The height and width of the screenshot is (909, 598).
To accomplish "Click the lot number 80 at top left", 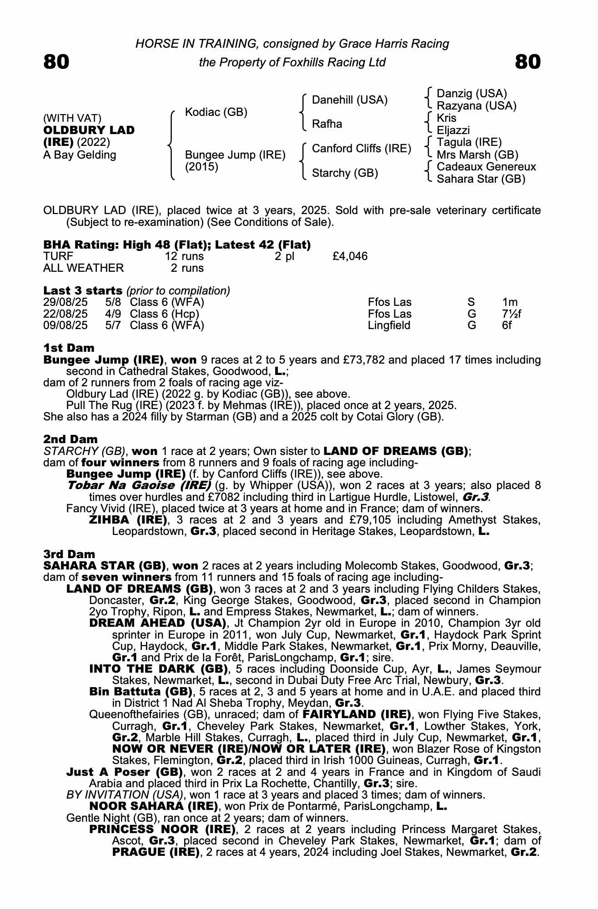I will coord(56,62).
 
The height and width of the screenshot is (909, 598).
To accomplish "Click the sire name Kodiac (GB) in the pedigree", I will coord(216,112).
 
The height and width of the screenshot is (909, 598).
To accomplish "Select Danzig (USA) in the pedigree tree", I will coord(472,94).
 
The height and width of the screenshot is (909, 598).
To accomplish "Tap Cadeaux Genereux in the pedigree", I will coord(486,167).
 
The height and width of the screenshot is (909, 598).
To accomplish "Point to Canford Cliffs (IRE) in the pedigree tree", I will coord(361,149).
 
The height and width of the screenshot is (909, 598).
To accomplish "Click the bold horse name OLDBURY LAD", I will coord(89,130).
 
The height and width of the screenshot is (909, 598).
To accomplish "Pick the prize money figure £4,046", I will coord(350,256).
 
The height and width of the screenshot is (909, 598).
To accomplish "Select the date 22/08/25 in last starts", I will coord(65,314).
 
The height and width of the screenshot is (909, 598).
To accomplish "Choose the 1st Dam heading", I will coord(69,348).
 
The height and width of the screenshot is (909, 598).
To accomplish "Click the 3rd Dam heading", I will coord(69,554).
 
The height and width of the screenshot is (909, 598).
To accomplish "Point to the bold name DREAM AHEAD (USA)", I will coord(158,623).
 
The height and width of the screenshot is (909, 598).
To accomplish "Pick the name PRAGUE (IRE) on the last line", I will coord(156,852).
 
